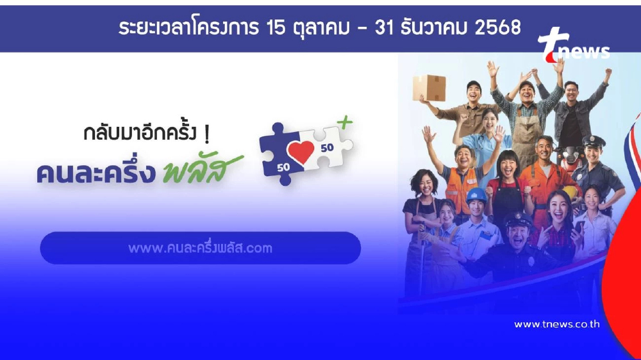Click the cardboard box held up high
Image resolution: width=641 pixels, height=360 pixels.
(428, 87)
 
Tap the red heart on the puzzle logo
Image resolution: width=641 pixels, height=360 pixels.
(301, 152)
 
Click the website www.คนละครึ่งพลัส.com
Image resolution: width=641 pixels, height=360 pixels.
(200, 248)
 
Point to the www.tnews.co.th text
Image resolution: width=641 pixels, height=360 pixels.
(556, 324)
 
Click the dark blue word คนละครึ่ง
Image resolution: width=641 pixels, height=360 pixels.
(96, 172)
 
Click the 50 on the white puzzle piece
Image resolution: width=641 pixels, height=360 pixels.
(326, 147)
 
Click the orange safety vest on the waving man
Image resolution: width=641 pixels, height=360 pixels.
(460, 183)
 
